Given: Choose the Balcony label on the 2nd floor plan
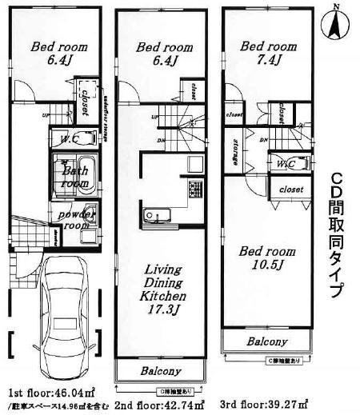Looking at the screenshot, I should coord(162,371).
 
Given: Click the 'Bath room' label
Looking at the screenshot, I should coord(70,176).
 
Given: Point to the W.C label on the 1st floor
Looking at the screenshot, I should coord(47,139).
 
